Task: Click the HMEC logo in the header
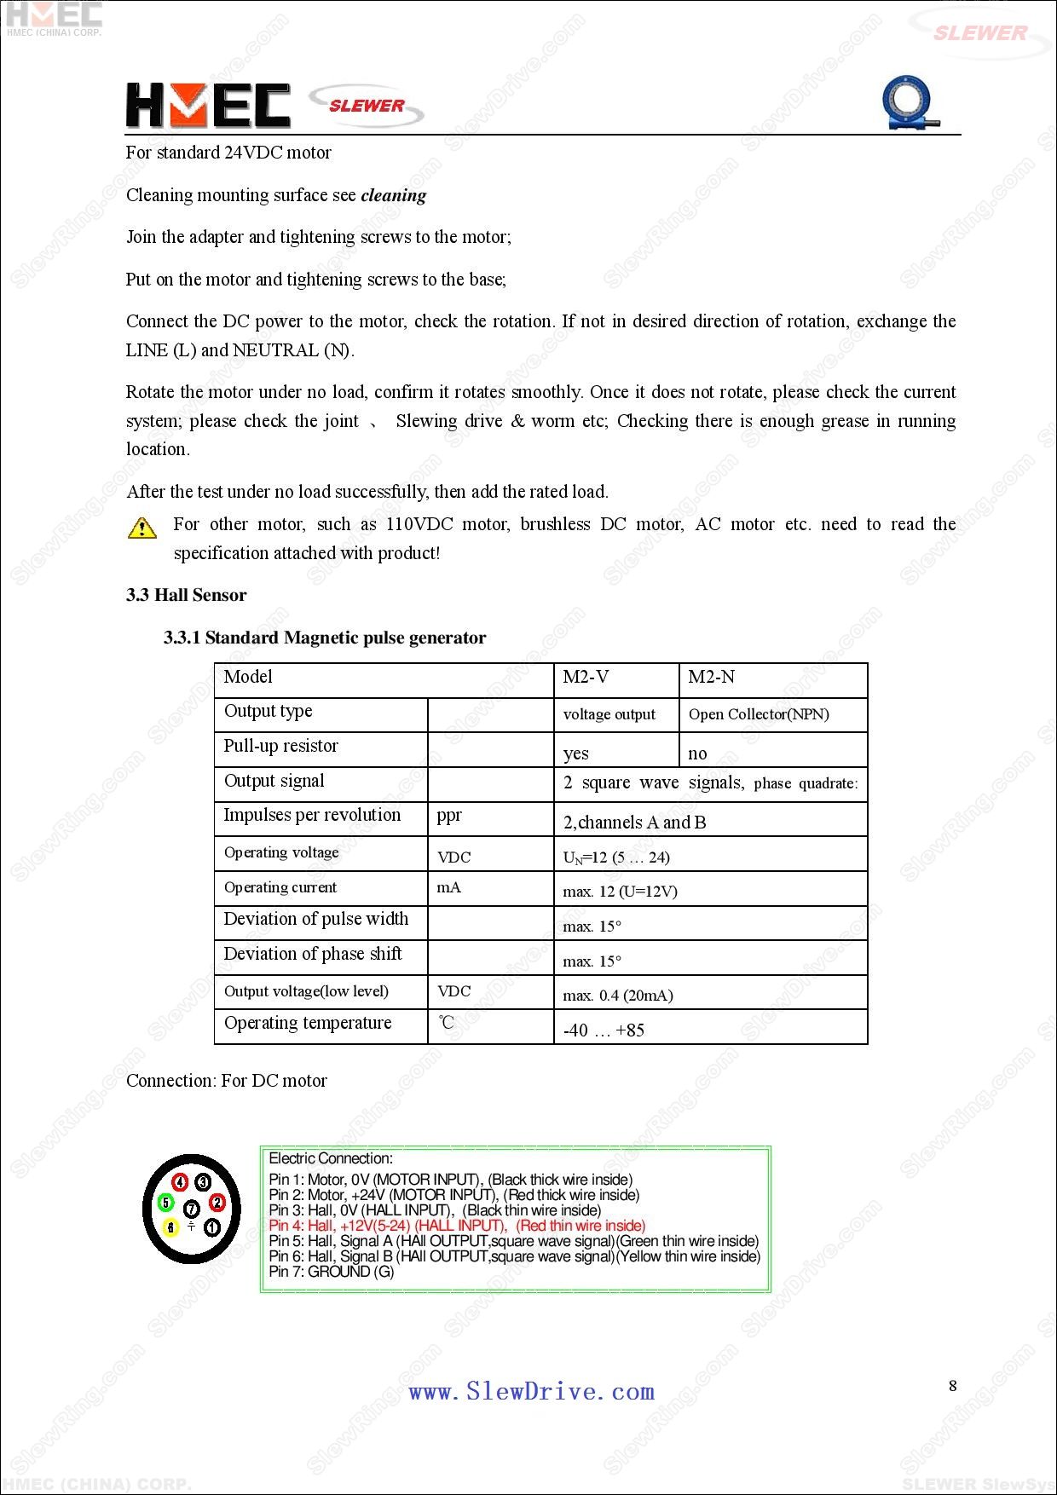(208, 106)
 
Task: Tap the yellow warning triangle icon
(142, 528)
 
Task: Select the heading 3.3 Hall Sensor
(186, 595)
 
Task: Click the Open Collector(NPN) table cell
(759, 714)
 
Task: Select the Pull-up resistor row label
(280, 746)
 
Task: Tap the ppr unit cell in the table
(449, 816)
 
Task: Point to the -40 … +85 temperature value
(604, 1030)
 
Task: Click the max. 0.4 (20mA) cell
(618, 995)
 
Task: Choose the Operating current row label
(280, 887)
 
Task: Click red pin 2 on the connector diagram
(217, 1203)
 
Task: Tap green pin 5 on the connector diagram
(166, 1203)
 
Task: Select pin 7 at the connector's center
(192, 1208)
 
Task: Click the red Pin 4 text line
(457, 1226)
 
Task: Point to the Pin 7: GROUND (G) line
(332, 1272)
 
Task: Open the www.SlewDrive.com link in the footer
(531, 1392)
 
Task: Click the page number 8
(953, 1386)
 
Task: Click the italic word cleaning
(393, 195)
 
